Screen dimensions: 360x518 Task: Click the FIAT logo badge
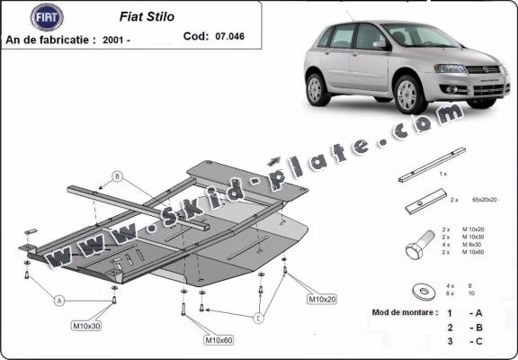click(x=46, y=16)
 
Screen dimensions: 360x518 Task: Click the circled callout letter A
click(x=58, y=300)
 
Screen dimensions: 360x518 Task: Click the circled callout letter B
click(x=116, y=175)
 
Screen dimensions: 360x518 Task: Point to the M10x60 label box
click(x=219, y=340)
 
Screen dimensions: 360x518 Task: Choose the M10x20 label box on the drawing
click(x=323, y=299)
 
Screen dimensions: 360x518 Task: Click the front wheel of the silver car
click(x=410, y=94)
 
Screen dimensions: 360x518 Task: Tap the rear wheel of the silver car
click(x=317, y=89)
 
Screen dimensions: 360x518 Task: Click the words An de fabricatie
click(x=49, y=40)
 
